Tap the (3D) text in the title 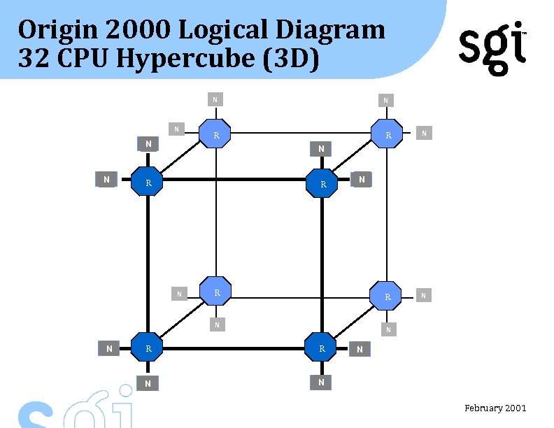click(x=291, y=59)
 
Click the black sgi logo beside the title click(x=492, y=48)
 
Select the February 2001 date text click(x=495, y=408)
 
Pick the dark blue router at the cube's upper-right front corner click(x=322, y=184)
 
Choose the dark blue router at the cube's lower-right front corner click(x=322, y=348)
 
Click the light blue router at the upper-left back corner click(x=216, y=134)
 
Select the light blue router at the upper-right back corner click(x=388, y=135)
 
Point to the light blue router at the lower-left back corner click(x=217, y=292)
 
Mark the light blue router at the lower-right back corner click(x=388, y=296)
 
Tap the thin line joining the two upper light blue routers click(x=302, y=133)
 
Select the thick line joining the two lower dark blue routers click(x=235, y=348)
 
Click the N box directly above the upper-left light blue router click(x=215, y=99)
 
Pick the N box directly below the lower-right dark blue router click(x=321, y=383)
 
